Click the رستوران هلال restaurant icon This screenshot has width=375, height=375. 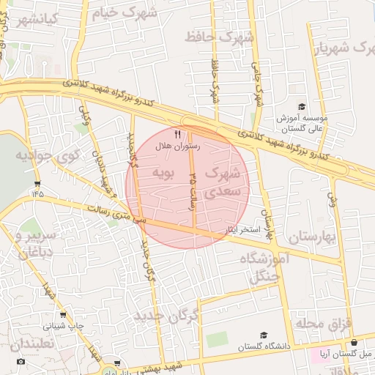coord(177,133)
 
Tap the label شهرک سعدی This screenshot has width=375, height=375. coord(223,182)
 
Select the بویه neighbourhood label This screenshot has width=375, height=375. coord(163,173)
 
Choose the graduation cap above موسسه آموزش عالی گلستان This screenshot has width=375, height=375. coord(301,107)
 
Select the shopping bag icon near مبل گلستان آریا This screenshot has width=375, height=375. coord(354,342)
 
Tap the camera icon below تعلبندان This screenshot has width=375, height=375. coord(20,361)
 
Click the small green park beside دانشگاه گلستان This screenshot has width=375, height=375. coord(216,340)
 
